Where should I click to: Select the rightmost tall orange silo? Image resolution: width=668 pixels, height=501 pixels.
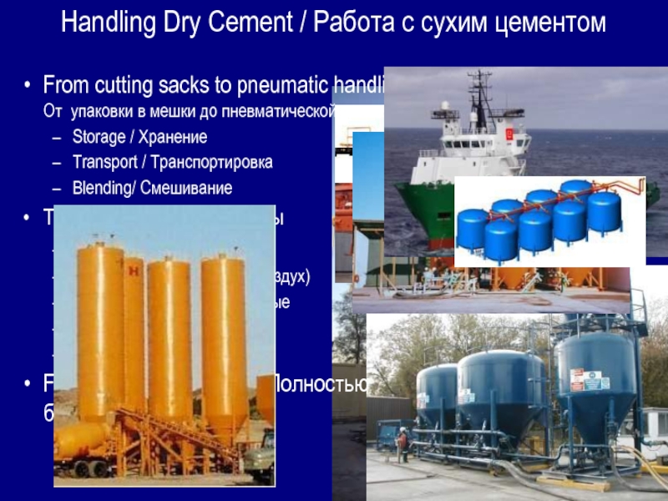(223, 334)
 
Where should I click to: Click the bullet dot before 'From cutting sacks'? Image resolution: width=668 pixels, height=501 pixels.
(28, 85)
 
